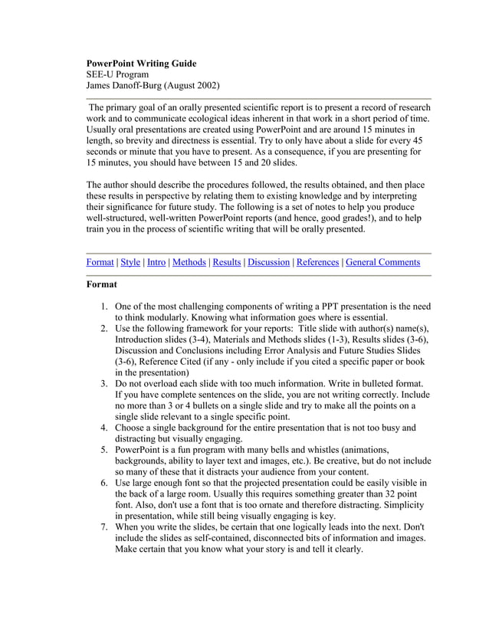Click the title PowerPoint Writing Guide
pos(141,64)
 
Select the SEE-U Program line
pos(117,75)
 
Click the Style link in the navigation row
pos(130,262)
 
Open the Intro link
pos(156,262)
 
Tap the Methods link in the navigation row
pos(189,262)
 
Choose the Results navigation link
pos(227,262)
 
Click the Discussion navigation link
pos(269,262)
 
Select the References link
pos(317,262)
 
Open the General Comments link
pos(382,262)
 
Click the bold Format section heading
pos(102,284)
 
